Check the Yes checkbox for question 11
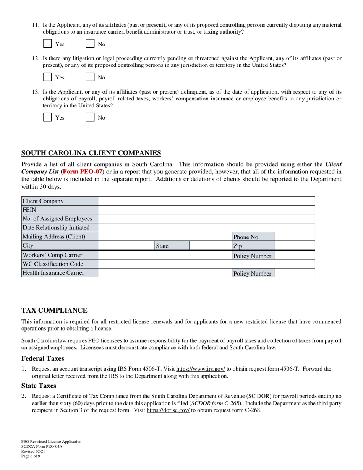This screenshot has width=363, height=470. [47, 44]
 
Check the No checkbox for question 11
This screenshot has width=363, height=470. [90, 44]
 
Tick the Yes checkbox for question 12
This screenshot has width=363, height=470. [47, 77]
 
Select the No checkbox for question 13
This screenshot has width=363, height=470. [90, 117]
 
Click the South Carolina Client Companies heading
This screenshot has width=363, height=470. [91, 153]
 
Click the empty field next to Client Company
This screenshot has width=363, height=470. [207, 201]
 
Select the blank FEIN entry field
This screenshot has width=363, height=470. [207, 210]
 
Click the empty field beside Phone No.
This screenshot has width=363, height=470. [295, 237]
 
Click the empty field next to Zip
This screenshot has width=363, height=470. [295, 246]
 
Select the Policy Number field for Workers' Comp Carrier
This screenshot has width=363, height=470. [295, 255]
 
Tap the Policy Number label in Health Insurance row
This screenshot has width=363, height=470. [253, 273]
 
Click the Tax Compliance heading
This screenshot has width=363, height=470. [54, 310]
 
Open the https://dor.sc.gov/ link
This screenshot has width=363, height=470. [168, 410]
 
